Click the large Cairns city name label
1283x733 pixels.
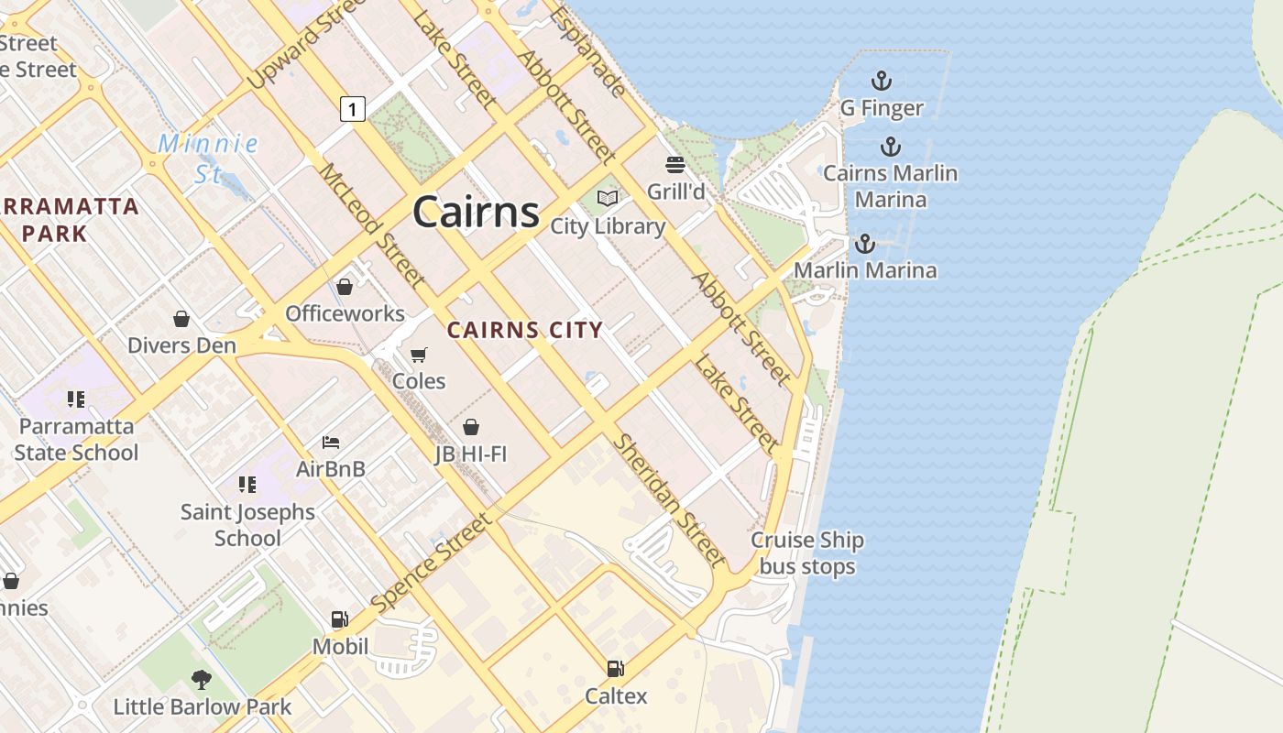pyautogui.click(x=476, y=212)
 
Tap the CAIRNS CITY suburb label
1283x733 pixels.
pyautogui.click(x=525, y=330)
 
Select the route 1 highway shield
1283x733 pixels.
pyautogui.click(x=352, y=109)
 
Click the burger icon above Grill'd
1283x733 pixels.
pyautogui.click(x=675, y=165)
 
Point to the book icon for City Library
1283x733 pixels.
pyautogui.click(x=607, y=198)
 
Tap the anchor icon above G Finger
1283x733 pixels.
pyautogui.click(x=881, y=81)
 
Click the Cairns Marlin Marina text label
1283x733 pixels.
pyautogui.click(x=890, y=186)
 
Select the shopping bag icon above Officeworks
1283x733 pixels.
pyautogui.click(x=345, y=287)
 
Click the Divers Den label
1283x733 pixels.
pyautogui.click(x=181, y=345)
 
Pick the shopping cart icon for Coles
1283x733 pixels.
pyautogui.click(x=419, y=355)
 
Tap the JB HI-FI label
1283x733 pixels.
pyautogui.click(x=470, y=454)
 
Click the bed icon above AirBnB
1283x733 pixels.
pyautogui.click(x=331, y=443)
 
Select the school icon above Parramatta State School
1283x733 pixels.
pyautogui.click(x=76, y=399)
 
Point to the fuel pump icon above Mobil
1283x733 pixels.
pyautogui.click(x=339, y=619)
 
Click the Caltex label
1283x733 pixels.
pyautogui.click(x=616, y=696)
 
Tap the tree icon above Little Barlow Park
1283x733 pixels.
pyautogui.click(x=202, y=680)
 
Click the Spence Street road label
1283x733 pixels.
pyautogui.click(x=433, y=563)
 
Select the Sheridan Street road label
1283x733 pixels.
pyautogui.click(x=669, y=500)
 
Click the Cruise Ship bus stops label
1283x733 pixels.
pyautogui.click(x=807, y=553)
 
